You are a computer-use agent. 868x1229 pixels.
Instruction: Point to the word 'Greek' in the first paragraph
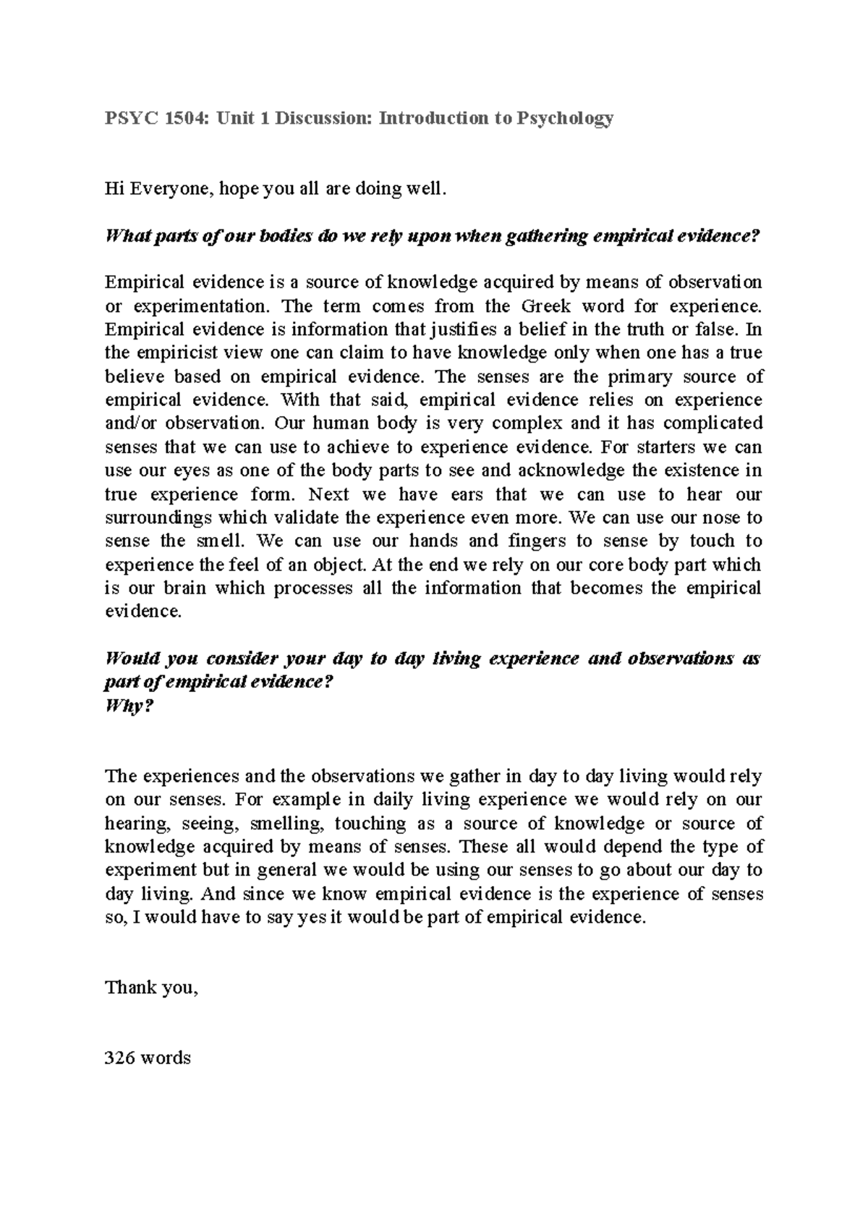click(x=546, y=306)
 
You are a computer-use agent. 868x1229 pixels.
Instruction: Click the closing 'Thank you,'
click(x=151, y=988)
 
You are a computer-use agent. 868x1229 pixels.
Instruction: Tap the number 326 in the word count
click(x=119, y=1058)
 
